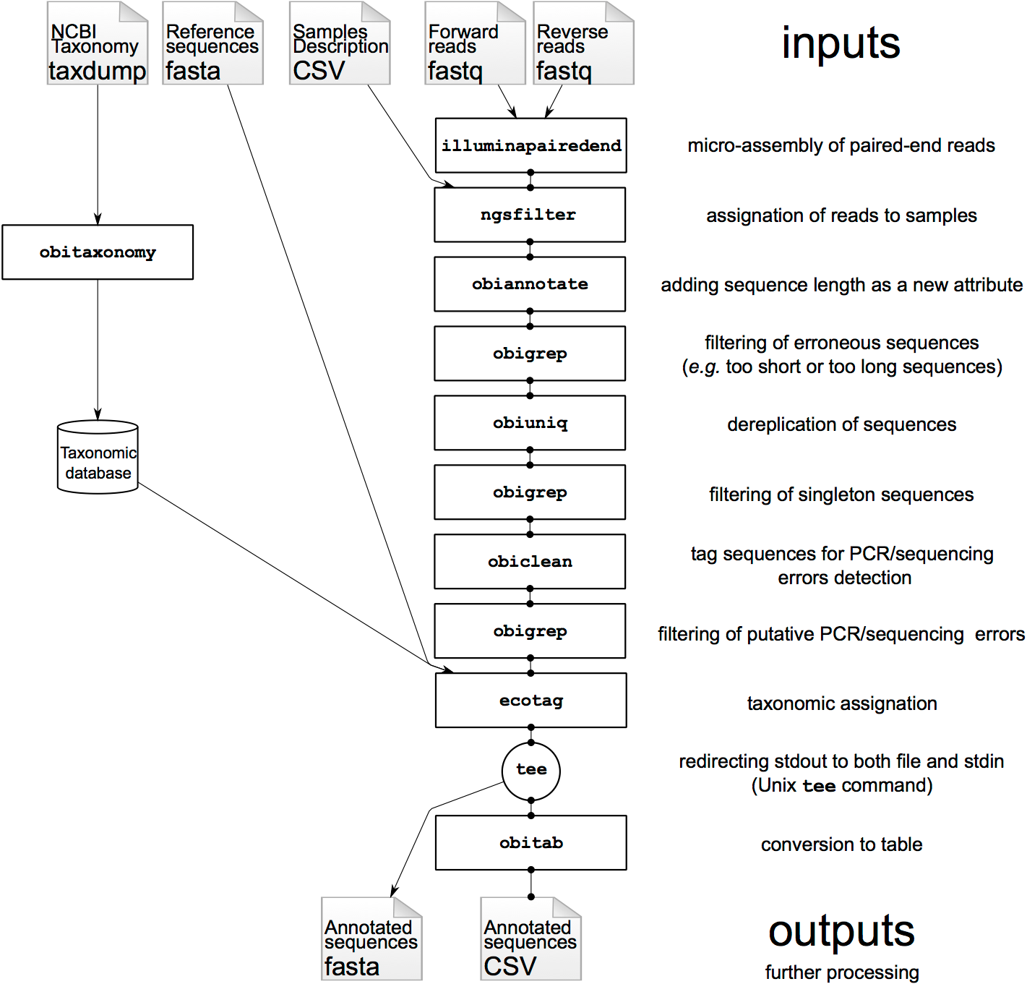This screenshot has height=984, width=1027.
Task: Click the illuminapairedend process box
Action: pyautogui.click(x=530, y=145)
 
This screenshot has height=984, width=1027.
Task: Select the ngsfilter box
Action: pyautogui.click(x=529, y=215)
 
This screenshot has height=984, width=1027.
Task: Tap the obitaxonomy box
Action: pyautogui.click(x=98, y=252)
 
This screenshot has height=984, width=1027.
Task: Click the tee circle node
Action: pyautogui.click(x=531, y=771)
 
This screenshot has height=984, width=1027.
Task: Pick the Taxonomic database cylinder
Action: pyautogui.click(x=98, y=457)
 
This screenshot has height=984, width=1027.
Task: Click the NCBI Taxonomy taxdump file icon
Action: pyautogui.click(x=97, y=43)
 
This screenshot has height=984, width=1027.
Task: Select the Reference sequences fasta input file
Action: pyautogui.click(x=212, y=43)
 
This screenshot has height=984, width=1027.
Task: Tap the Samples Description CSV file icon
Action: pyautogui.click(x=340, y=43)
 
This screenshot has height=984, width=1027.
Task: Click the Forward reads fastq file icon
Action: pyautogui.click(x=475, y=43)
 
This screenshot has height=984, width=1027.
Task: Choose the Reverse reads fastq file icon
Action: pyautogui.click(x=584, y=43)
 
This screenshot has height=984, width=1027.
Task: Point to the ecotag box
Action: pyautogui.click(x=531, y=700)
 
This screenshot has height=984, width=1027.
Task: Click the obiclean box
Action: pyautogui.click(x=530, y=561)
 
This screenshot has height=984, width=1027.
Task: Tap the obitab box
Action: pyautogui.click(x=531, y=842)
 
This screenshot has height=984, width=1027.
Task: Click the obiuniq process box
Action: pyautogui.click(x=530, y=422)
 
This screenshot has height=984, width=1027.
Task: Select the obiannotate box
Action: pyautogui.click(x=530, y=284)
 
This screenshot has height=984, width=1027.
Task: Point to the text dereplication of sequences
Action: pyautogui.click(x=841, y=424)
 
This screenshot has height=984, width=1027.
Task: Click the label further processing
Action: pyautogui.click(x=842, y=972)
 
